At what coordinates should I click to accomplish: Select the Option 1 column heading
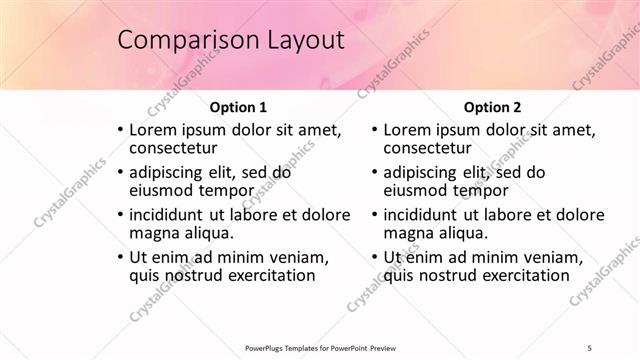[238, 106]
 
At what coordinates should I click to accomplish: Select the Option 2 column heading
[492, 106]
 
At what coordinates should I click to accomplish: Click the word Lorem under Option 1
[153, 130]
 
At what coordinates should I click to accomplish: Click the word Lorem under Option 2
[407, 130]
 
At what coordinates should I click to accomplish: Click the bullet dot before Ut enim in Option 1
[121, 257]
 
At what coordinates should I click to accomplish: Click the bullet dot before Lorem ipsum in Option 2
[374, 130]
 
